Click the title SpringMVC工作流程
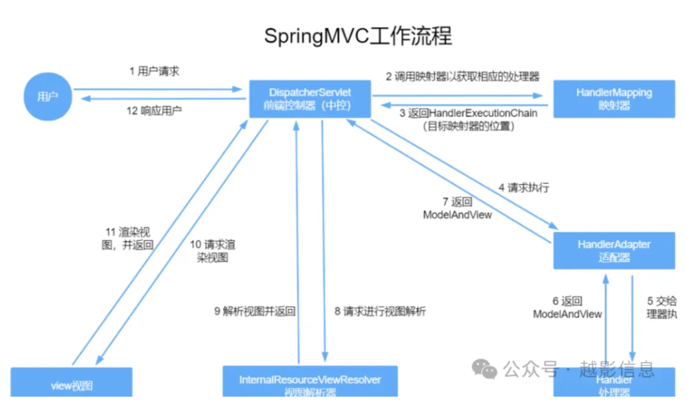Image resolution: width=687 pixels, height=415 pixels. coord(357,37)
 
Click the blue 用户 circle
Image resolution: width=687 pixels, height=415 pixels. coord(48,97)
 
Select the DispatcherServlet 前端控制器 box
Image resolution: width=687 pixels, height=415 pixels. coord(310,99)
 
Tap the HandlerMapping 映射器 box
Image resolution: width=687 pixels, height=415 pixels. coord(614,99)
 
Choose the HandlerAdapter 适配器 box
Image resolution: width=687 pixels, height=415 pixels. coord(614,251)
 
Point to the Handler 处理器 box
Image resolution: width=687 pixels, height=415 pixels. coord(614,387)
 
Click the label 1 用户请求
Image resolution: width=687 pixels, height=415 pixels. coord(154,71)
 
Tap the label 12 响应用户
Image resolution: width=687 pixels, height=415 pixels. coord(154,111)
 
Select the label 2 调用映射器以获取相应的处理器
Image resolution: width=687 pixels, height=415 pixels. coord(462,76)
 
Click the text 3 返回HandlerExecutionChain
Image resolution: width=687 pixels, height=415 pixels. coord(468,113)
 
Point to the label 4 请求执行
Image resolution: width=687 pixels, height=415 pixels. coord(523,188)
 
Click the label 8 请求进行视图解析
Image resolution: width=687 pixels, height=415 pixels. coord(380,312)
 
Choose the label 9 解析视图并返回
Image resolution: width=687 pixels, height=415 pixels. coord(255,312)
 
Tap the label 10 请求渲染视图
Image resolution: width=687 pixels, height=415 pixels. coord(213,251)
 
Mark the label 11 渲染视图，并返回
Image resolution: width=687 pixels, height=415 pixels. coord(127,239)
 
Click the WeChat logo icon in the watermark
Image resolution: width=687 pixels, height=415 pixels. coord(484,369)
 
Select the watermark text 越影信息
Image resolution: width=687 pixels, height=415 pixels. coord(617,369)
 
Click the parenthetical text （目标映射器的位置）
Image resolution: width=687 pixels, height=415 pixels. coord(468,127)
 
